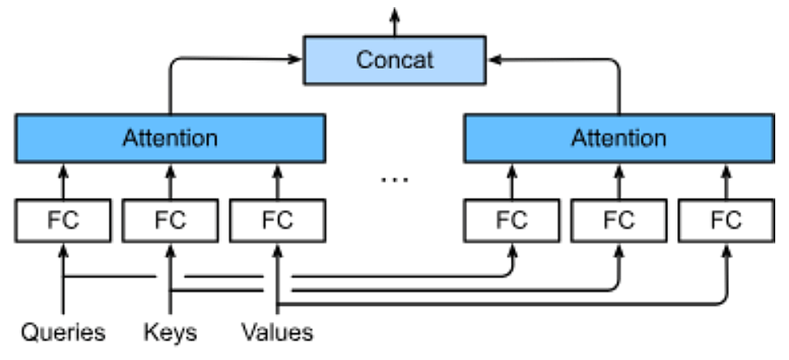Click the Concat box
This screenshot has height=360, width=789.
pos(395,60)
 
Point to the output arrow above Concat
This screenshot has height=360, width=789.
pos(395,20)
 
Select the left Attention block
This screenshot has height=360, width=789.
pos(169,138)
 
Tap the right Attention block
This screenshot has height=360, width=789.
pos(619,138)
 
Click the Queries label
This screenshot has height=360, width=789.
pos(63,332)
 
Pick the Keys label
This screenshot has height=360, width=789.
pos(171,332)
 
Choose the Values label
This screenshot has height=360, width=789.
pos(277,332)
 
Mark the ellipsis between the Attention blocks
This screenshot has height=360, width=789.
pos(395,178)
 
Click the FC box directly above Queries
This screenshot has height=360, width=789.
pos(63,220)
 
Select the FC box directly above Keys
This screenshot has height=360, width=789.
pos(169,220)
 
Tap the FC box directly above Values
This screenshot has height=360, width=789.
pos(277,220)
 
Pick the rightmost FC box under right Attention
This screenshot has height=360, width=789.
pos(726,220)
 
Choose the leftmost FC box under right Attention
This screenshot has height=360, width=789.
pos(512,220)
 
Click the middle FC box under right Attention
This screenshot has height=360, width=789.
pos(619,220)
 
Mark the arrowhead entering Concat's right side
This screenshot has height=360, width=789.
pos(494,59)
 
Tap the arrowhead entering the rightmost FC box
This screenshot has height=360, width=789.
pos(726,248)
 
